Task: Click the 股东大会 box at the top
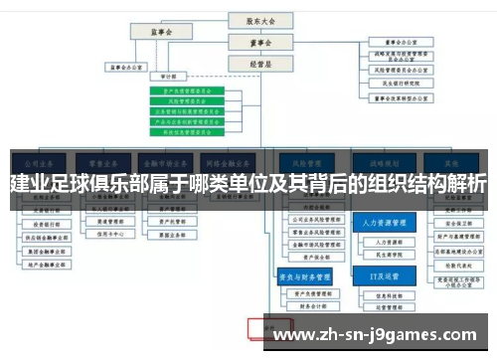(254, 19)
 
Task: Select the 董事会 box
(254, 42)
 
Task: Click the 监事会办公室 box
(125, 68)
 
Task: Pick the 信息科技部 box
(381, 295)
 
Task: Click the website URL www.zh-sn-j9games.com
(380, 334)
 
